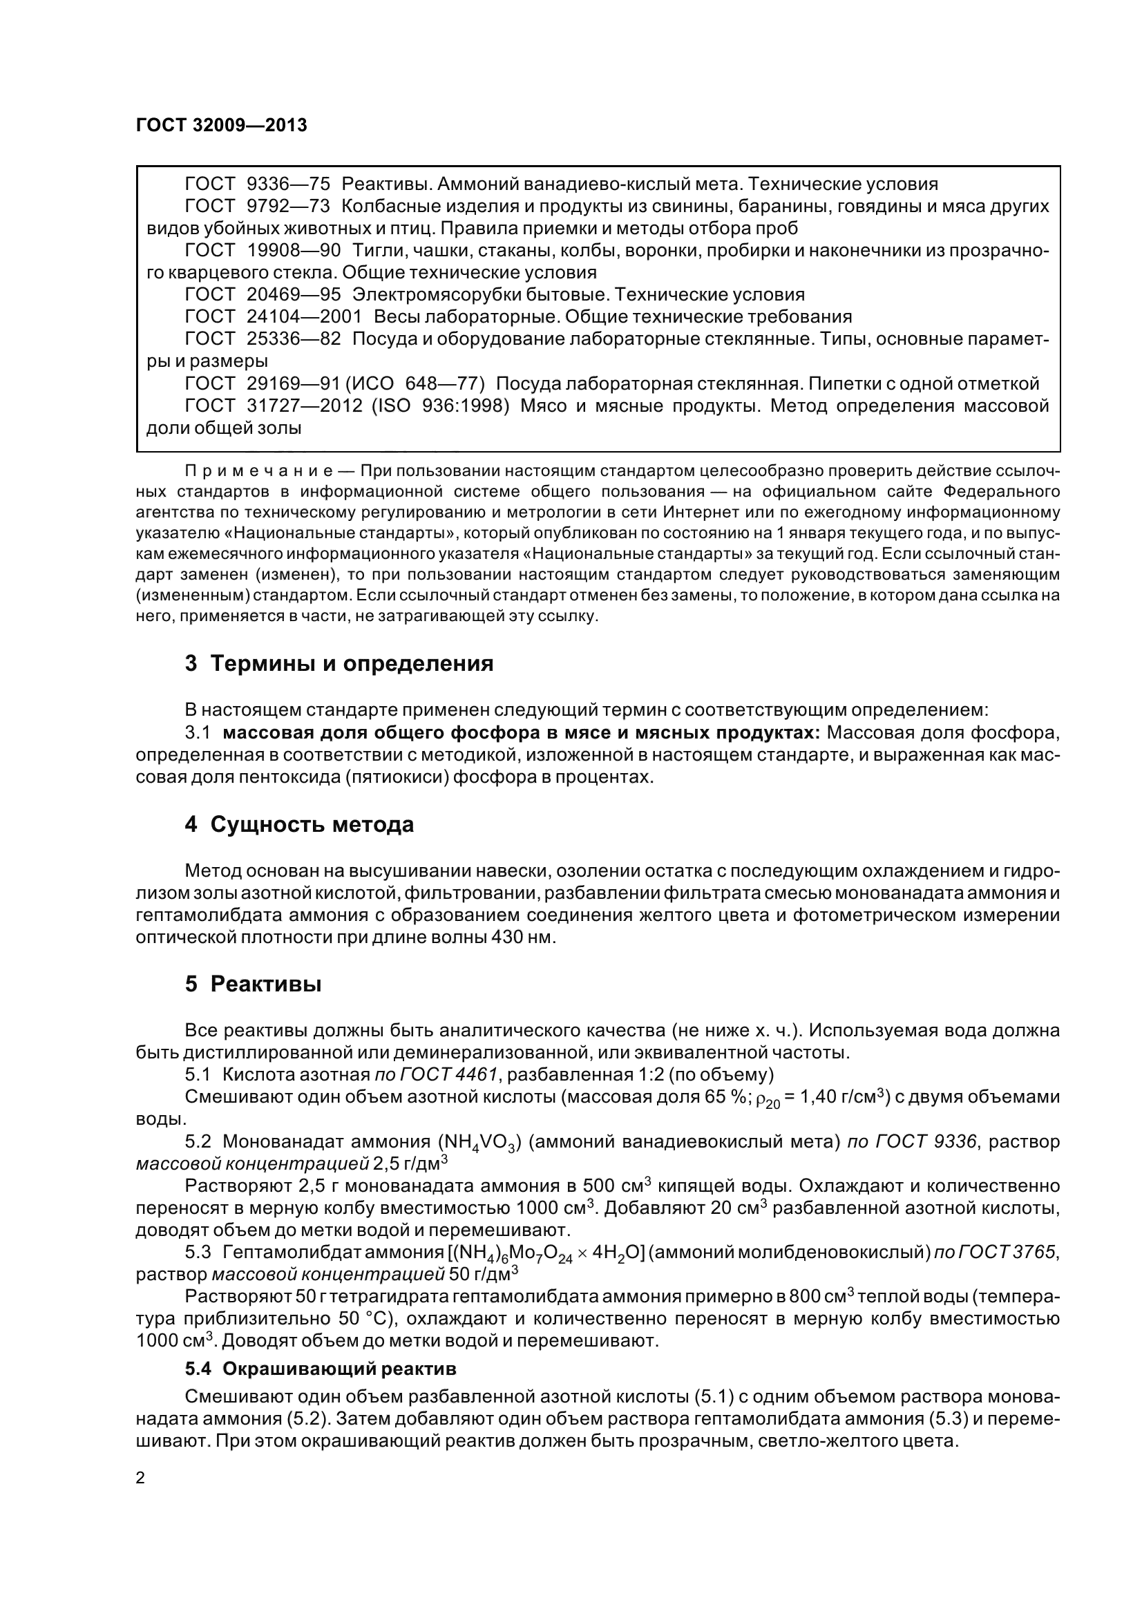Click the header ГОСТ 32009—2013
(x=221, y=125)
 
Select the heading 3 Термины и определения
(x=339, y=663)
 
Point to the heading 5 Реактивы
(x=254, y=984)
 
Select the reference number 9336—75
(x=289, y=184)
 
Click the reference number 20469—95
(x=294, y=295)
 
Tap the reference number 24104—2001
(x=304, y=316)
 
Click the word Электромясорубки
(x=435, y=295)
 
